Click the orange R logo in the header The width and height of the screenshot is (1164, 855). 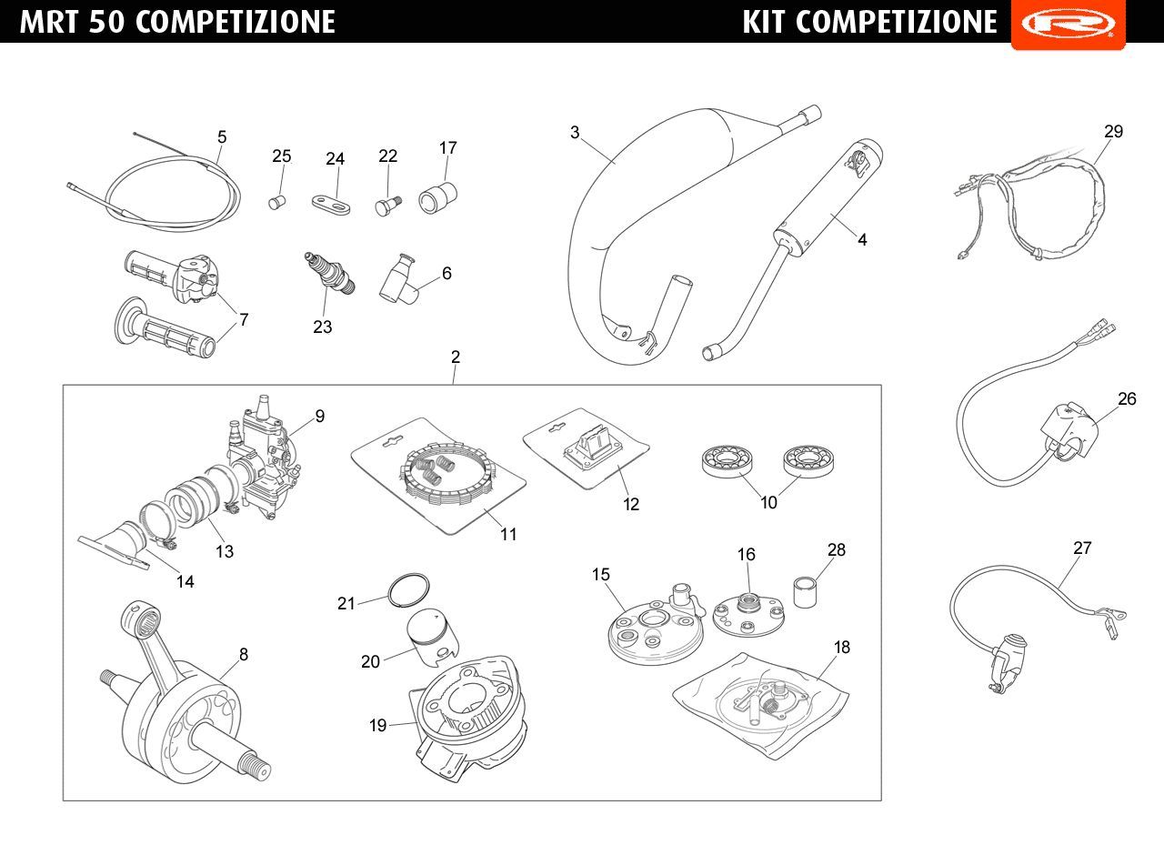point(1068,24)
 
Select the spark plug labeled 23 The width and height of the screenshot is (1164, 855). point(330,274)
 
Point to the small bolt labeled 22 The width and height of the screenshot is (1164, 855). point(387,206)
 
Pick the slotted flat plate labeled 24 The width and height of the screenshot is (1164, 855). point(331,205)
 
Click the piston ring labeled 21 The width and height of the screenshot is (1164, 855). point(409,590)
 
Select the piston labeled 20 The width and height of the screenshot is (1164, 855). point(432,638)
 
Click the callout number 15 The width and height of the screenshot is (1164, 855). point(600,574)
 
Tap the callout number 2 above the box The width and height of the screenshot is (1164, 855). point(456,357)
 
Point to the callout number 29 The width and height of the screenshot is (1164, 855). point(1113,132)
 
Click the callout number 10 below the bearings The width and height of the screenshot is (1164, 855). point(768,503)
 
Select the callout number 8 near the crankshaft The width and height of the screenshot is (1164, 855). point(244,654)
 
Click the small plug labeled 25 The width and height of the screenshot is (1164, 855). point(277,202)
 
